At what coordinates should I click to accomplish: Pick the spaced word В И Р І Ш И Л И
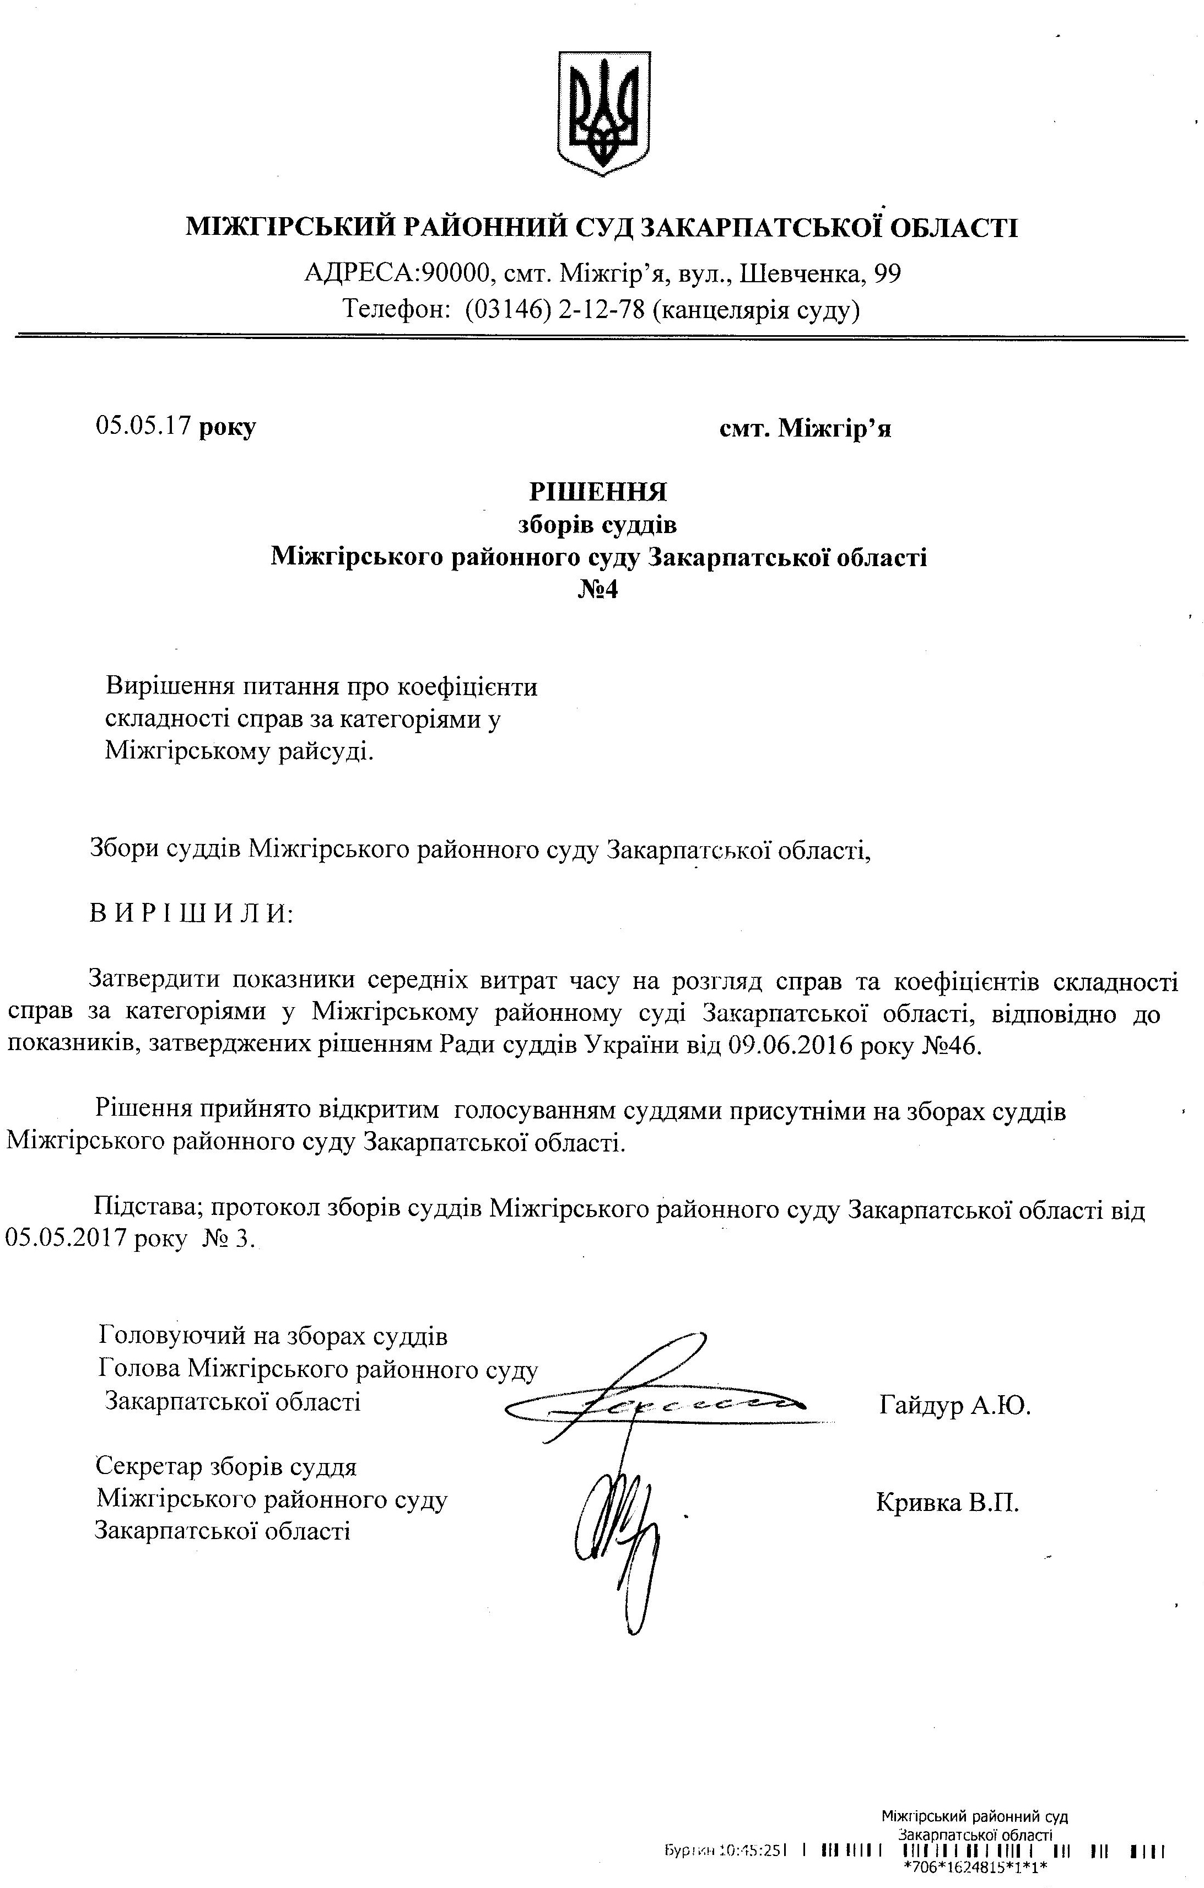191,913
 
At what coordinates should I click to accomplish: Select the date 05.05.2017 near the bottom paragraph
66,1239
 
